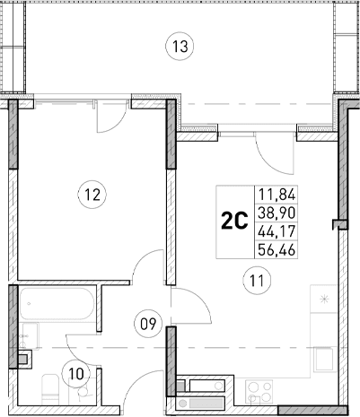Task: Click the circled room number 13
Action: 180,47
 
